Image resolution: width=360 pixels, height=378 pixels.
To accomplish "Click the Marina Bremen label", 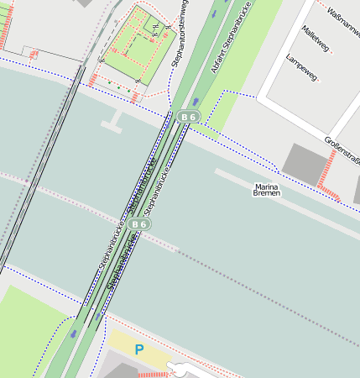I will pyautogui.click(x=267, y=189).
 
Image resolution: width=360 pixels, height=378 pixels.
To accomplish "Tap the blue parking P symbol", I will pyautogui.click(x=139, y=349).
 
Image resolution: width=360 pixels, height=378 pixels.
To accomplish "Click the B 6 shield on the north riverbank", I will pyautogui.click(x=188, y=117).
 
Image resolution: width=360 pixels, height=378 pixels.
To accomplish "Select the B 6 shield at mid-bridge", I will pyautogui.click(x=139, y=224).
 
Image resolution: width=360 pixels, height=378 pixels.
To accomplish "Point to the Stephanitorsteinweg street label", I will pyautogui.click(x=180, y=34).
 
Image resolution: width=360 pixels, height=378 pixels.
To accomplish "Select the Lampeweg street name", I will pyautogui.click(x=301, y=69).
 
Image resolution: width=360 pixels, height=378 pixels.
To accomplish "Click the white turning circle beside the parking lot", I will pyautogui.click(x=180, y=368).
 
